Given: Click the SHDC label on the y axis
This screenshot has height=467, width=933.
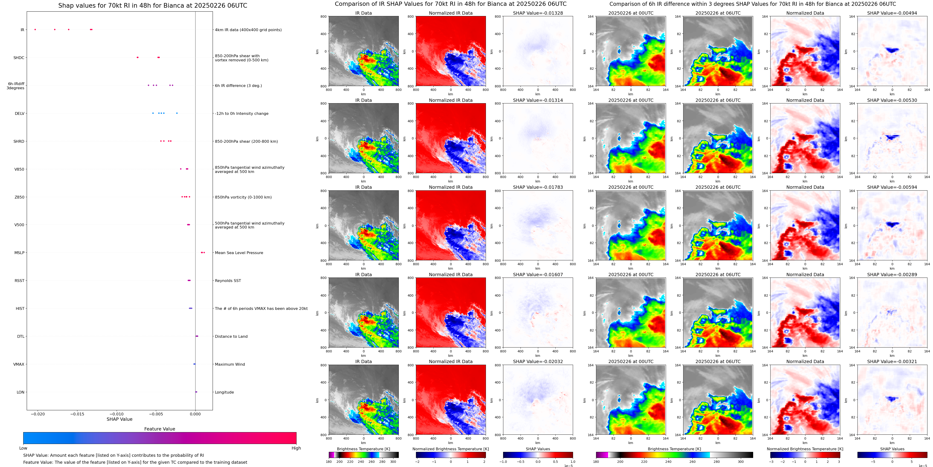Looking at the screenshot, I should click(19, 58).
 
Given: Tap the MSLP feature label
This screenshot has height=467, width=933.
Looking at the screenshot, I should click(19, 252).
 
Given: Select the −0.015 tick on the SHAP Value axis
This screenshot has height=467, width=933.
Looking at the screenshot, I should click(77, 414).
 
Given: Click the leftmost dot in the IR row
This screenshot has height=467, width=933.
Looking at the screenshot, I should click(35, 29).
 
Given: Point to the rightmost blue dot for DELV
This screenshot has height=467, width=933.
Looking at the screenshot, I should click(177, 113).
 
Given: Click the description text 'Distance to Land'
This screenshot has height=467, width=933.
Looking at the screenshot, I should click(231, 336).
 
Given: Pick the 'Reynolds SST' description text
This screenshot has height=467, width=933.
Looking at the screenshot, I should click(227, 280).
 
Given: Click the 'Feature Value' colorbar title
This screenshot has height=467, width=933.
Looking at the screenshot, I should click(159, 429).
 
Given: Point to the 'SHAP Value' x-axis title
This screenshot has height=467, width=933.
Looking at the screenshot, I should click(119, 419).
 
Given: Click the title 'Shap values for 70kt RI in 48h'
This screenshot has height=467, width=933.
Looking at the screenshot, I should click(152, 5).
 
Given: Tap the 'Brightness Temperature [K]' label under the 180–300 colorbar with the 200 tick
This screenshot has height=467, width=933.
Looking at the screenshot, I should click(363, 449).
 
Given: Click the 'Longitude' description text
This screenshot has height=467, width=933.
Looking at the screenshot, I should click(224, 392).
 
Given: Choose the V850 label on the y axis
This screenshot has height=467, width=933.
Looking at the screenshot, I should click(19, 169).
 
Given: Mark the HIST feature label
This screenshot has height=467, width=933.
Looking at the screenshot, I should click(20, 308).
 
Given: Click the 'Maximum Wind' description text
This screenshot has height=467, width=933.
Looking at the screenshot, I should click(230, 364).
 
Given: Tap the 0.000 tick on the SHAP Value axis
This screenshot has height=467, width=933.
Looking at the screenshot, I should click(195, 414).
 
